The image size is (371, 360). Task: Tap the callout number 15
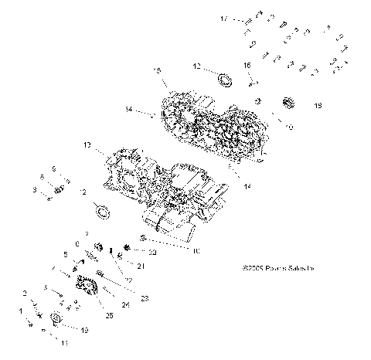point(157,70)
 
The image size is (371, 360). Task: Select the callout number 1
point(22,311)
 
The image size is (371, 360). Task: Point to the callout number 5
point(66,253)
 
